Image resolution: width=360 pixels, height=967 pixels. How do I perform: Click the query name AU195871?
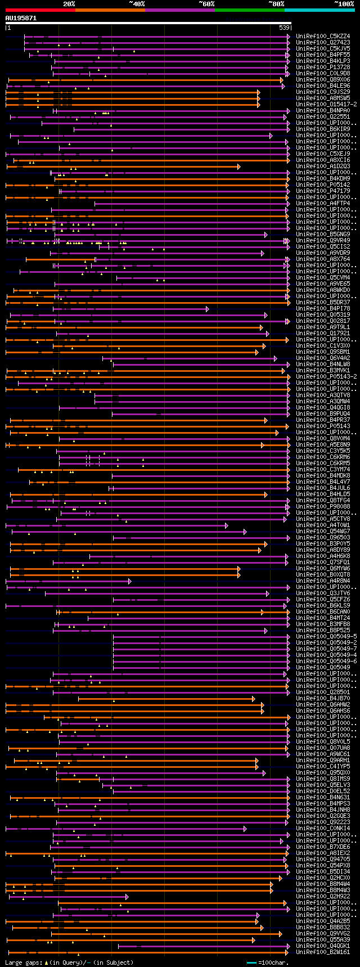[x=21, y=18]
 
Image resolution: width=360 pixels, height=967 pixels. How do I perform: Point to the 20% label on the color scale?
[x=69, y=4]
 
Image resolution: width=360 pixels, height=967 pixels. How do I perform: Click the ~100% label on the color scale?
[x=344, y=4]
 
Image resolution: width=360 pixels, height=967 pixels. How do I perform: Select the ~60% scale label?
[x=206, y=4]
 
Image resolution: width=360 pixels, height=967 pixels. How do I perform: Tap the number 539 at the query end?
[x=284, y=28]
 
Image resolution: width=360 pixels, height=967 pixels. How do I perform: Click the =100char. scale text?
[x=272, y=962]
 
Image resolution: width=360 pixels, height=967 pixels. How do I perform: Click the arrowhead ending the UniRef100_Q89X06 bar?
[x=282, y=80]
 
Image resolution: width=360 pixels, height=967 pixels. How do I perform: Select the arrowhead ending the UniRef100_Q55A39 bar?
[x=254, y=939]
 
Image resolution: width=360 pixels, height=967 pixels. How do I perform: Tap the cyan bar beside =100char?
[x=251, y=962]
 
